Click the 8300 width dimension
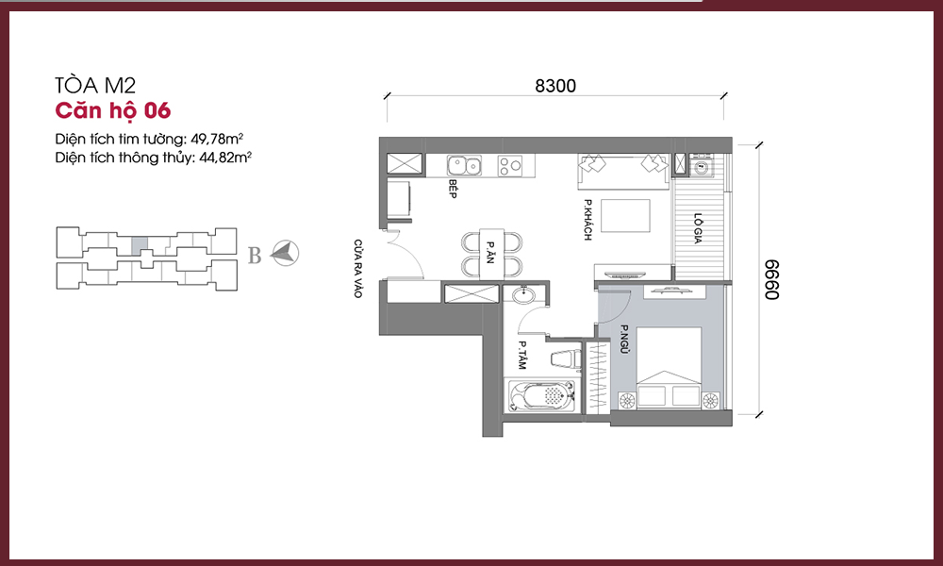[x=555, y=86]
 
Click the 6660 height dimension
[x=771, y=279]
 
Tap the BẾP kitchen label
[x=453, y=189]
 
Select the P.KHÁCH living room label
[x=587, y=220]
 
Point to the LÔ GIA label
[x=698, y=228]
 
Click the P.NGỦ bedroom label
[x=623, y=341]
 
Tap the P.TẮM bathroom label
[x=522, y=356]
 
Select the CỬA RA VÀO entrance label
[x=357, y=269]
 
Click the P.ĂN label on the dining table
[x=490, y=253]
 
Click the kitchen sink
[x=464, y=165]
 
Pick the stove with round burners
[x=510, y=165]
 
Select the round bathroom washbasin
[x=525, y=294]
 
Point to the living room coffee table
[x=625, y=215]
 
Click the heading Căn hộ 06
[x=113, y=111]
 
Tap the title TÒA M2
[x=95, y=86]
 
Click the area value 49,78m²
[x=217, y=139]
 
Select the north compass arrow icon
[x=285, y=253]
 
